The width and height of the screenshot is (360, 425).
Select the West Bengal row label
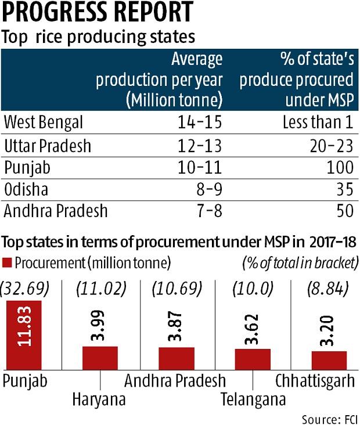(x=44, y=123)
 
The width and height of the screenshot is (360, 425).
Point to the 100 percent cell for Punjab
(x=339, y=167)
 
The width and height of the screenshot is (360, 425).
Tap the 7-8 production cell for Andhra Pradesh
(x=209, y=211)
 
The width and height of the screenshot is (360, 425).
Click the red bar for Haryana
(x=100, y=358)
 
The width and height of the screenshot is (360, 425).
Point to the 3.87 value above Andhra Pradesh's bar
(x=177, y=329)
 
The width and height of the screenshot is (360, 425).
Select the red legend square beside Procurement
(x=8, y=263)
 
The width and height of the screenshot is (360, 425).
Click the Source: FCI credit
(x=330, y=418)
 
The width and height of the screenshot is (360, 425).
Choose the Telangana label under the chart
(x=253, y=400)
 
